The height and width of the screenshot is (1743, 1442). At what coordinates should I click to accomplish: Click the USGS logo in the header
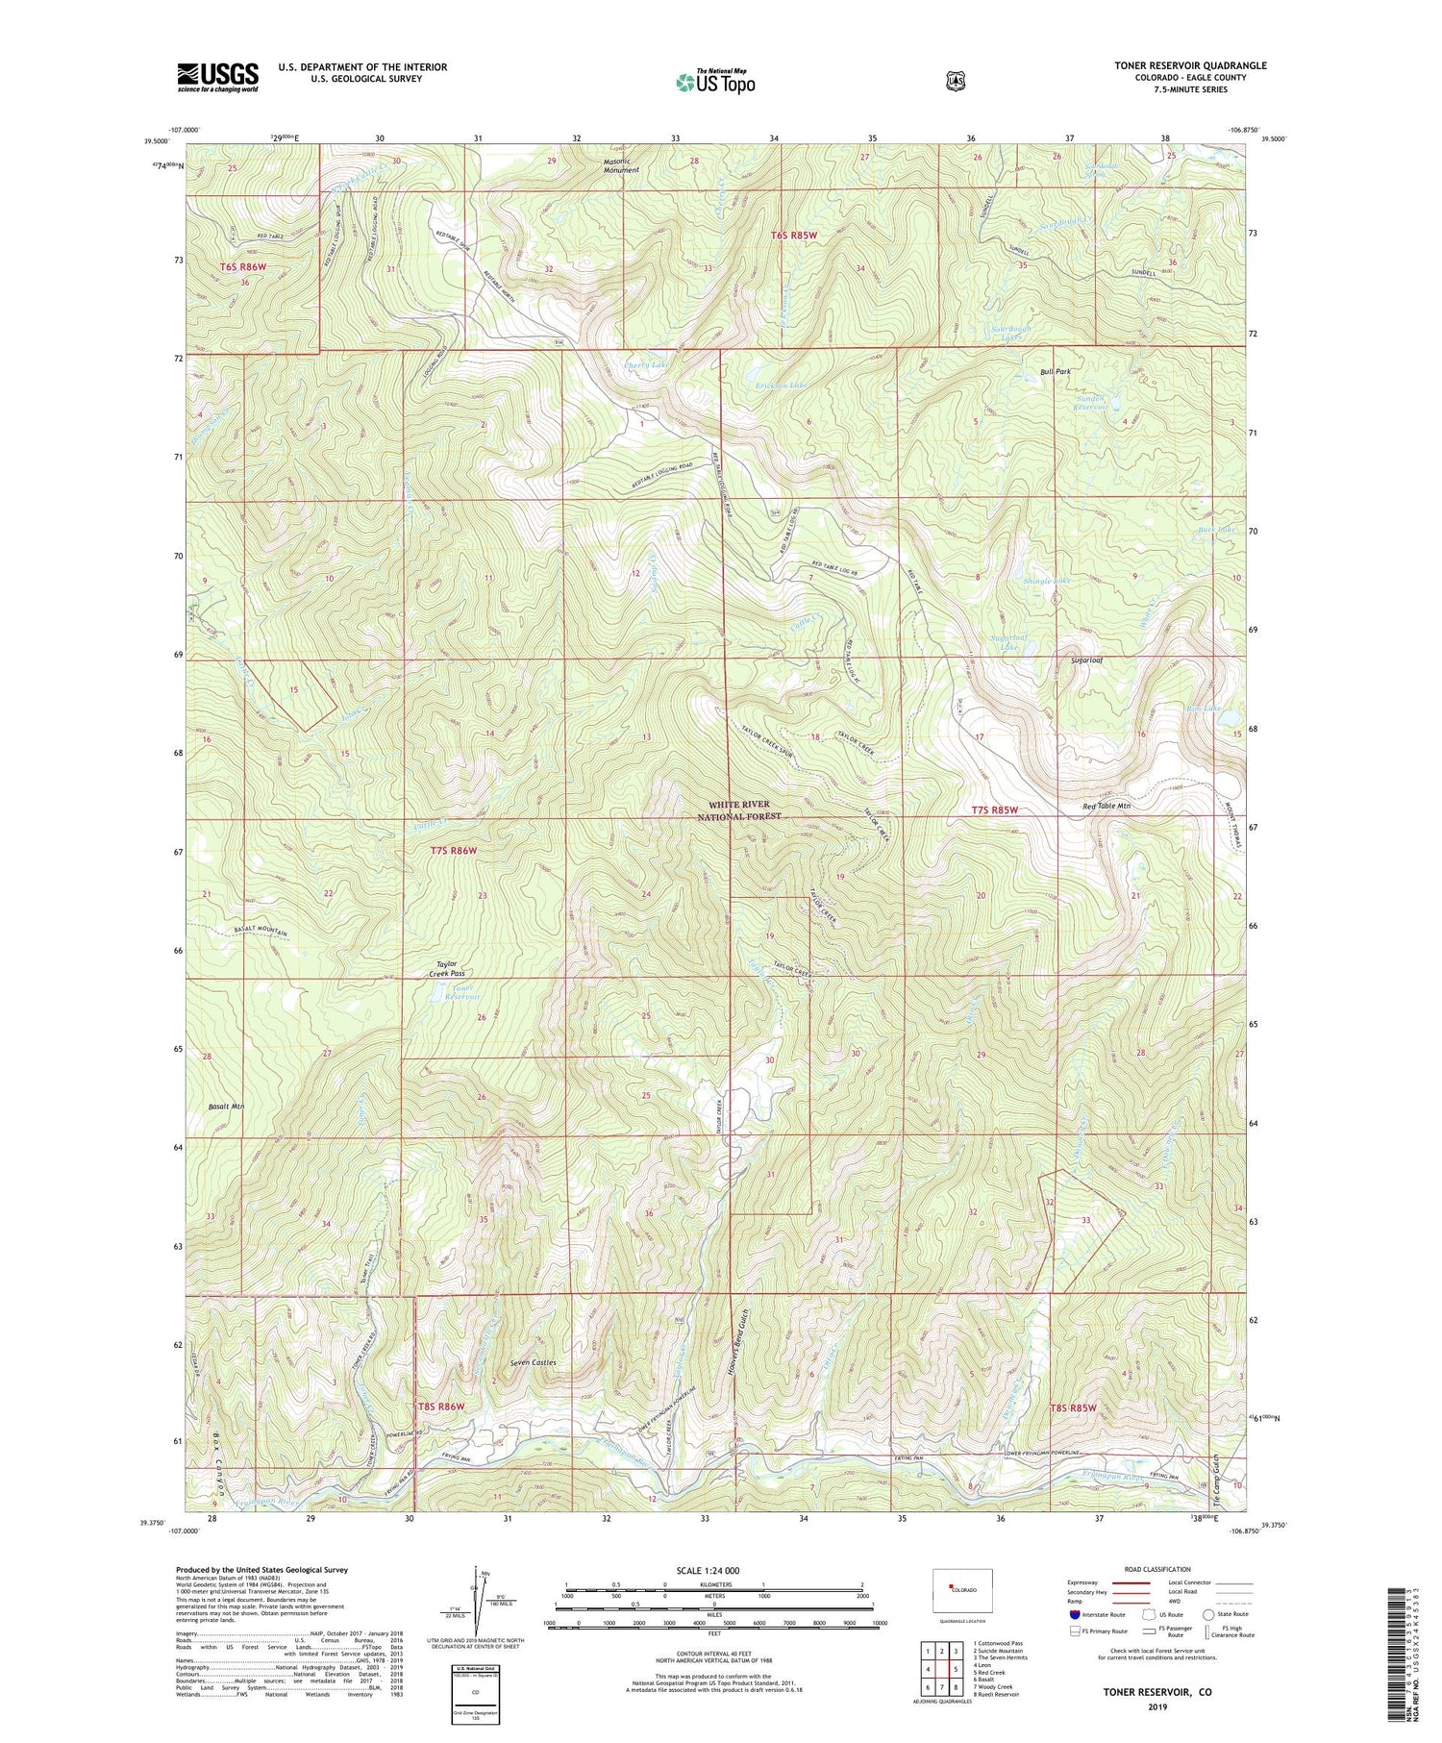coord(217,77)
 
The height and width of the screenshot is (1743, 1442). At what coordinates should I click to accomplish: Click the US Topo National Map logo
coord(715,81)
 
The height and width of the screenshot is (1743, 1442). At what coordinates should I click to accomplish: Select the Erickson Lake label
coord(782,386)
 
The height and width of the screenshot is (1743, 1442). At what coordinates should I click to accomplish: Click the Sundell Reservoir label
coord(1089,402)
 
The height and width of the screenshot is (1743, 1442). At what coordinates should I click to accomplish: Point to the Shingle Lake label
coord(1047,582)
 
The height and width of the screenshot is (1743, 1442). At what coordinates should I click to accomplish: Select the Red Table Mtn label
coord(1106,806)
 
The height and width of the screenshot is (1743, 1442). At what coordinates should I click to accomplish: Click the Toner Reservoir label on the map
coord(454,992)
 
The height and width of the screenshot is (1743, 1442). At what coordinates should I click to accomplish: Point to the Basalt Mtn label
coord(225,1107)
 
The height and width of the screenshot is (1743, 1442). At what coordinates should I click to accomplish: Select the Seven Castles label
coord(533,1362)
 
